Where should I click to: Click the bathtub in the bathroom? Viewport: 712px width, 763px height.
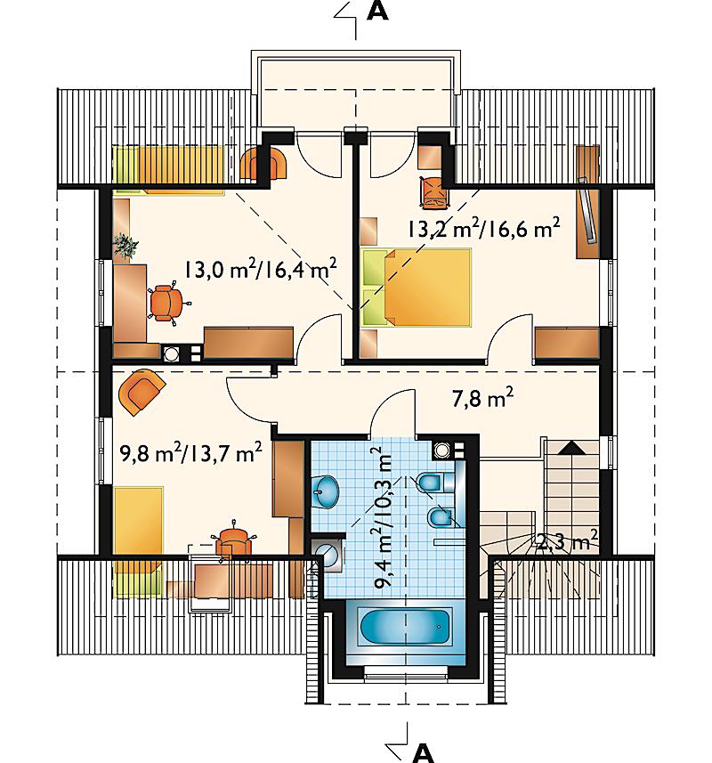[405, 627]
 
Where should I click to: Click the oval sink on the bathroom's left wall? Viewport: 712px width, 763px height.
[324, 491]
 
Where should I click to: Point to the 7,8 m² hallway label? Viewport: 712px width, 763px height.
[482, 398]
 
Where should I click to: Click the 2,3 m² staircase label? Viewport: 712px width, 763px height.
[567, 540]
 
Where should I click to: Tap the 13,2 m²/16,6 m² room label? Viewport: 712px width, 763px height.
[483, 227]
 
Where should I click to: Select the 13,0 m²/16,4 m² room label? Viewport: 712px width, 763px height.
[260, 268]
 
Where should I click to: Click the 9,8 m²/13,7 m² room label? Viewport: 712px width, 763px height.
[190, 452]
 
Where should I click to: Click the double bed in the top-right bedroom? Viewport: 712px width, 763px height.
[417, 287]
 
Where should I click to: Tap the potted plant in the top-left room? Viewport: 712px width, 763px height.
[125, 245]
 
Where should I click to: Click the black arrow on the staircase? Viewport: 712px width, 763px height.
[571, 448]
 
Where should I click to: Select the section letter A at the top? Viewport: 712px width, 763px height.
[377, 11]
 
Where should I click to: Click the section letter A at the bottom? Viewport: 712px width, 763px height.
[423, 753]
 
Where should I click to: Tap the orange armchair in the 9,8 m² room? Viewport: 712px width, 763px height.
[142, 391]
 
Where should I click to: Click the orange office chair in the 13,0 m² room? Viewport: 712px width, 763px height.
[166, 303]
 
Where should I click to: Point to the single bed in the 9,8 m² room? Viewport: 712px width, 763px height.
[138, 541]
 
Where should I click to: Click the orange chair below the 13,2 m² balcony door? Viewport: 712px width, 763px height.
[433, 192]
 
